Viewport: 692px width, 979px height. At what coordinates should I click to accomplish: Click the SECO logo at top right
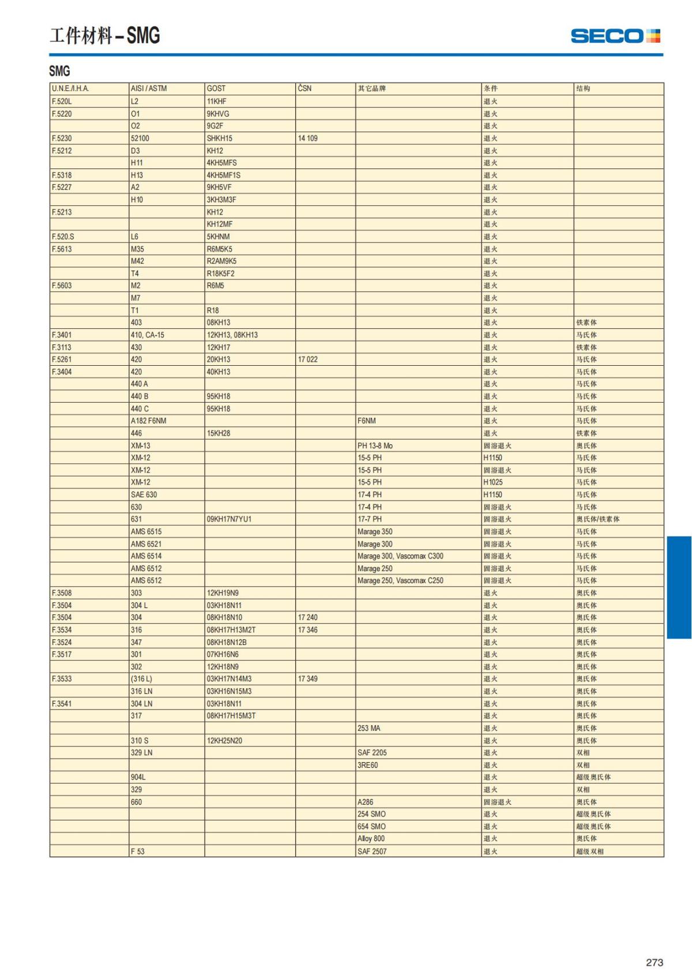(615, 36)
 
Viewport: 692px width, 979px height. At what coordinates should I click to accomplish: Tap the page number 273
(654, 962)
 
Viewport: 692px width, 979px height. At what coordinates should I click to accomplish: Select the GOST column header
(216, 88)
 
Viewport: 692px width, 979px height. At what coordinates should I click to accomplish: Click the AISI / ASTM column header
(149, 88)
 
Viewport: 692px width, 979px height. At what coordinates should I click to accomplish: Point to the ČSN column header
(304, 88)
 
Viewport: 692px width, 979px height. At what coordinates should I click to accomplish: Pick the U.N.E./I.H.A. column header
(70, 88)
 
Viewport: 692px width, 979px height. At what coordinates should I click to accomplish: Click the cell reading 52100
(140, 138)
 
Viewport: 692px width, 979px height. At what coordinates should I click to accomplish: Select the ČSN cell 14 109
(308, 138)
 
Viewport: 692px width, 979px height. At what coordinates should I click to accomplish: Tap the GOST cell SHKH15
(220, 138)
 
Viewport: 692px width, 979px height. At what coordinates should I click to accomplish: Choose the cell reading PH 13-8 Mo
(375, 445)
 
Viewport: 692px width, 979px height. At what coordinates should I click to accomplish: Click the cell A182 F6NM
(148, 421)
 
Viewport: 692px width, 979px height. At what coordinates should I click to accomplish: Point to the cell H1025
(493, 482)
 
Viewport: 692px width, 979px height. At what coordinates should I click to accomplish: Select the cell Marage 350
(375, 531)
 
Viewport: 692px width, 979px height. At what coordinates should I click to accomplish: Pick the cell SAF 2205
(372, 753)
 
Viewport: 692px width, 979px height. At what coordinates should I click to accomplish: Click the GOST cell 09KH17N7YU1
(229, 519)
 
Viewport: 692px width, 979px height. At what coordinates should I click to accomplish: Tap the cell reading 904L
(138, 777)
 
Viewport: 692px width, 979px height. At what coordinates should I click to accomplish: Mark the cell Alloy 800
(371, 839)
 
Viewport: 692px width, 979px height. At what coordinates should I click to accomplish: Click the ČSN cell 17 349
(308, 679)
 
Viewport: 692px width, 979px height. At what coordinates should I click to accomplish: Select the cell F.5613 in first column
(62, 249)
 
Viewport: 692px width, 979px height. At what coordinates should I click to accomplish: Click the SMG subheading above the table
(59, 71)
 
